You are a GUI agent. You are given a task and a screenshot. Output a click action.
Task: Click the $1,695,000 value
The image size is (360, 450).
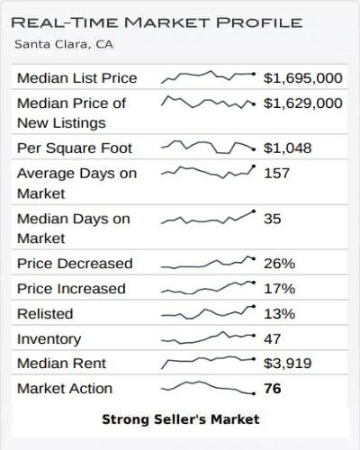pyautogui.click(x=302, y=78)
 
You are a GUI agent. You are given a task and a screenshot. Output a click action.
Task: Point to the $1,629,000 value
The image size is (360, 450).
pyautogui.click(x=302, y=103)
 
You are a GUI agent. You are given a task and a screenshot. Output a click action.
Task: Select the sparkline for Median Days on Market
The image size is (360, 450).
pyautogui.click(x=208, y=217)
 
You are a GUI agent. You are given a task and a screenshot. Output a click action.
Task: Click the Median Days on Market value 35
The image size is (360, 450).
pyautogui.click(x=273, y=219)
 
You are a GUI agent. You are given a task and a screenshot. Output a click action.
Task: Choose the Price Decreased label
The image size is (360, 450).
pyautogui.click(x=75, y=264)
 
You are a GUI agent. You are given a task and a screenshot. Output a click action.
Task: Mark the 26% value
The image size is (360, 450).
pyautogui.click(x=279, y=264)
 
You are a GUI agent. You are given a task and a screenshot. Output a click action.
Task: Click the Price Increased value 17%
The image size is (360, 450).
pyautogui.click(x=279, y=289)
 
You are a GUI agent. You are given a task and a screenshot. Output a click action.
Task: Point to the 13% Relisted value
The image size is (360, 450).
pyautogui.click(x=279, y=314)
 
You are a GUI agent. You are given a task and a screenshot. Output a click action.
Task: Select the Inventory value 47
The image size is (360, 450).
pyautogui.click(x=273, y=339)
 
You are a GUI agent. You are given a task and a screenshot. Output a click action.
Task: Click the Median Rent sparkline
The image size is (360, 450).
pyautogui.click(x=208, y=362)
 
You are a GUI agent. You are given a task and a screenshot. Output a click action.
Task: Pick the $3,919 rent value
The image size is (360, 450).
pyautogui.click(x=285, y=364)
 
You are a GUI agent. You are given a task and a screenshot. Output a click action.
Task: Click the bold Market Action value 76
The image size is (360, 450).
pyautogui.click(x=274, y=389)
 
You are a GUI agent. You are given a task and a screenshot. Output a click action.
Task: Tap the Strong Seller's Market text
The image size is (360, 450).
pyautogui.click(x=180, y=419)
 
